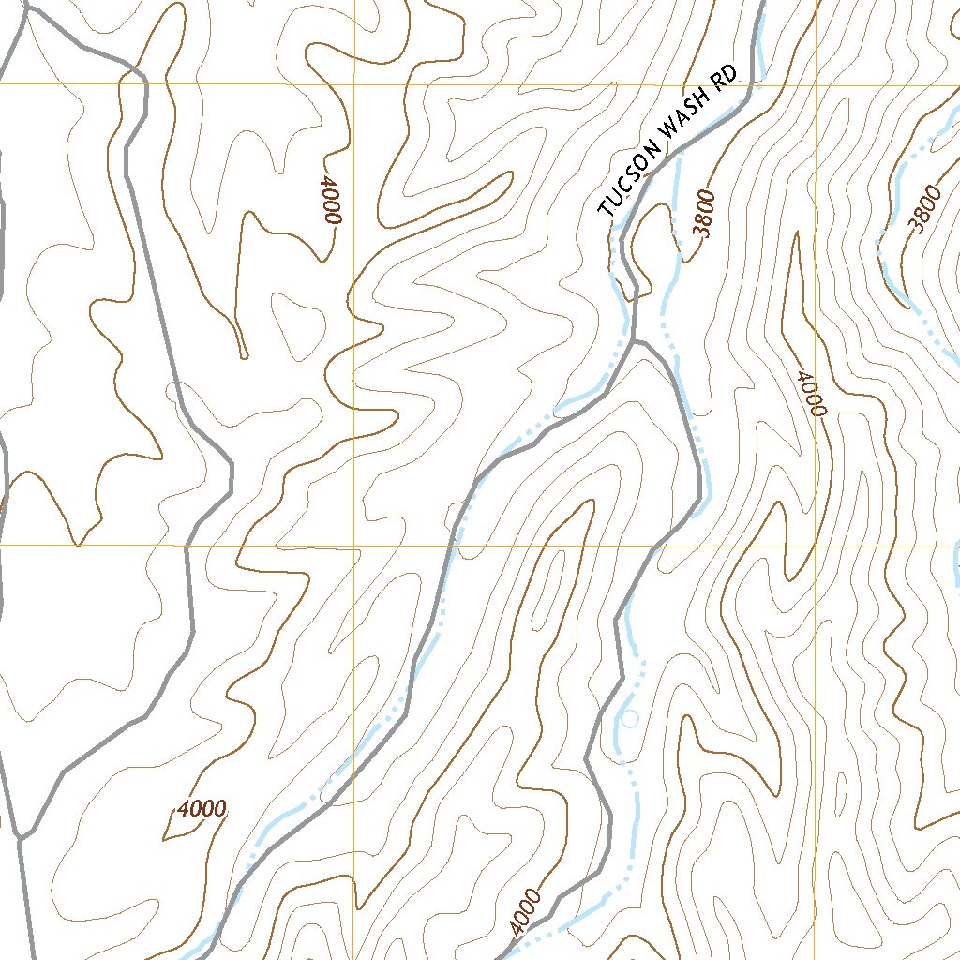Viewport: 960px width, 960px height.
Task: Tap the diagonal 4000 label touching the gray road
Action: click(527, 911)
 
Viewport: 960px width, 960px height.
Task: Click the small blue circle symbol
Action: click(630, 719)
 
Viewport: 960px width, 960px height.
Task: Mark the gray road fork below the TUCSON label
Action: click(636, 342)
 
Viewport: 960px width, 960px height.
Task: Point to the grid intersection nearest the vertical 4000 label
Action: click(354, 84)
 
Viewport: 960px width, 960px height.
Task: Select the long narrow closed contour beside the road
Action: click(548, 591)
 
